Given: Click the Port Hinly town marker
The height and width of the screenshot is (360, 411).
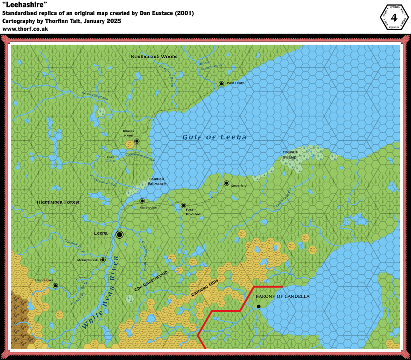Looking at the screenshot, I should pyautogui.click(x=221, y=84).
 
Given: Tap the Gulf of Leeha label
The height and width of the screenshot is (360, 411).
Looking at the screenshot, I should pyautogui.click(x=214, y=137).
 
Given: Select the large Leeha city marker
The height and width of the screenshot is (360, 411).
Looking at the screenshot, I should pyautogui.click(x=119, y=235).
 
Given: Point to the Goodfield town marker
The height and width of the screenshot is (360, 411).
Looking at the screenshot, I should pyautogui.click(x=226, y=183).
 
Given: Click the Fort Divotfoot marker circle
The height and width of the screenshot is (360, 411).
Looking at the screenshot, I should pyautogui.click(x=183, y=206).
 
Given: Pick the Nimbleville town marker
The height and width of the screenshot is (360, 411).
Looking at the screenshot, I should pyautogui.click(x=142, y=201).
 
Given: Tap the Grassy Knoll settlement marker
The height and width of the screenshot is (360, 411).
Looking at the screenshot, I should pyautogui.click(x=137, y=141).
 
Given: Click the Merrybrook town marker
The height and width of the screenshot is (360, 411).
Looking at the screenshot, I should pyautogui.click(x=103, y=260).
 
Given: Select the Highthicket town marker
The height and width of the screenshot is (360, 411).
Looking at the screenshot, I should pyautogui.click(x=55, y=286).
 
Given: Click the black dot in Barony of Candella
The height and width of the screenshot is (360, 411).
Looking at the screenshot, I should pyautogui.click(x=259, y=307).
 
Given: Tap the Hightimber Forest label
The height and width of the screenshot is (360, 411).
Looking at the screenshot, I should pyautogui.click(x=58, y=202).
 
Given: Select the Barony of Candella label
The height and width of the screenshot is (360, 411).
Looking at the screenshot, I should pyautogui.click(x=283, y=296).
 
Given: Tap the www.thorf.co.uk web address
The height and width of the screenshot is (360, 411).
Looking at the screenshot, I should pyautogui.click(x=25, y=29).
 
